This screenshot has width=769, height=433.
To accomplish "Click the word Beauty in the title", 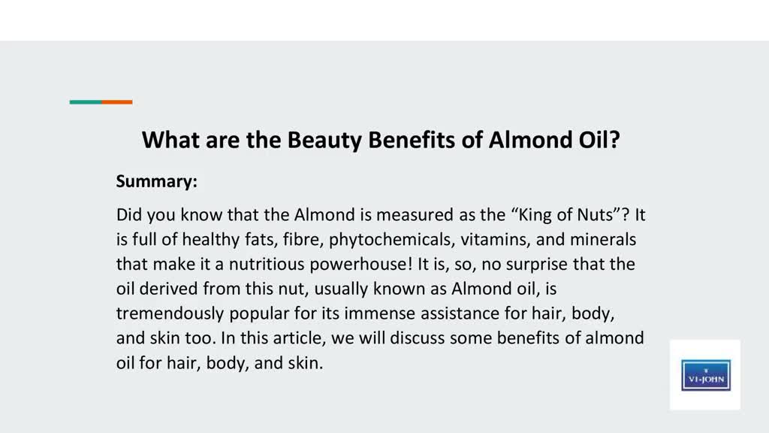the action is pyautogui.click(x=324, y=141).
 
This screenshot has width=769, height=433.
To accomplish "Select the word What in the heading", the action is pyautogui.click(x=170, y=140).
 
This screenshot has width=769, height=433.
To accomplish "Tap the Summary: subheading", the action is pyautogui.click(x=156, y=182).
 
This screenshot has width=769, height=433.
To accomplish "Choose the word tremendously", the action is pyautogui.click(x=170, y=313).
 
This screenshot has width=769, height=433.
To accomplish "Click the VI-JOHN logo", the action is pyautogui.click(x=706, y=375).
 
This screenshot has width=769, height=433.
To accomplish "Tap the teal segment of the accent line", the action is pyautogui.click(x=86, y=102).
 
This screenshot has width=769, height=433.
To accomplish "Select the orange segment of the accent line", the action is pyautogui.click(x=117, y=102).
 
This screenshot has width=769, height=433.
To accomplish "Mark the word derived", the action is pyautogui.click(x=168, y=289).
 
